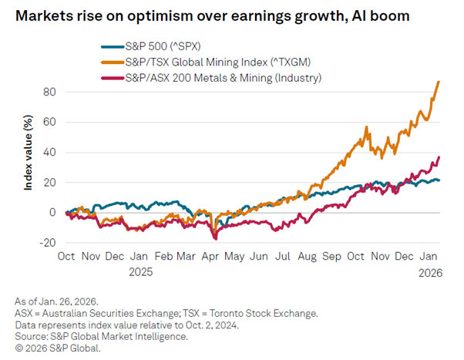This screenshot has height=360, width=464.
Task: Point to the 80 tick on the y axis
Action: pyautogui.click(x=49, y=92)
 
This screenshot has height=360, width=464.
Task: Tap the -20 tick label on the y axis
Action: pyautogui.click(x=47, y=242)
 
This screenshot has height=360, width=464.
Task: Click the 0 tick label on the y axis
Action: pyautogui.click(x=53, y=212)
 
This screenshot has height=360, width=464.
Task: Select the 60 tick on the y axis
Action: pyautogui.click(x=49, y=122)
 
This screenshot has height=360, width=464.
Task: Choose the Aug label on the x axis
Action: pyautogui.click(x=307, y=257)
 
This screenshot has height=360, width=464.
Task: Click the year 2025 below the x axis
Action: pyautogui.click(x=141, y=271)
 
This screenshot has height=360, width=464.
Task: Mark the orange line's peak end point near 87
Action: pyautogui.click(x=439, y=82)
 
